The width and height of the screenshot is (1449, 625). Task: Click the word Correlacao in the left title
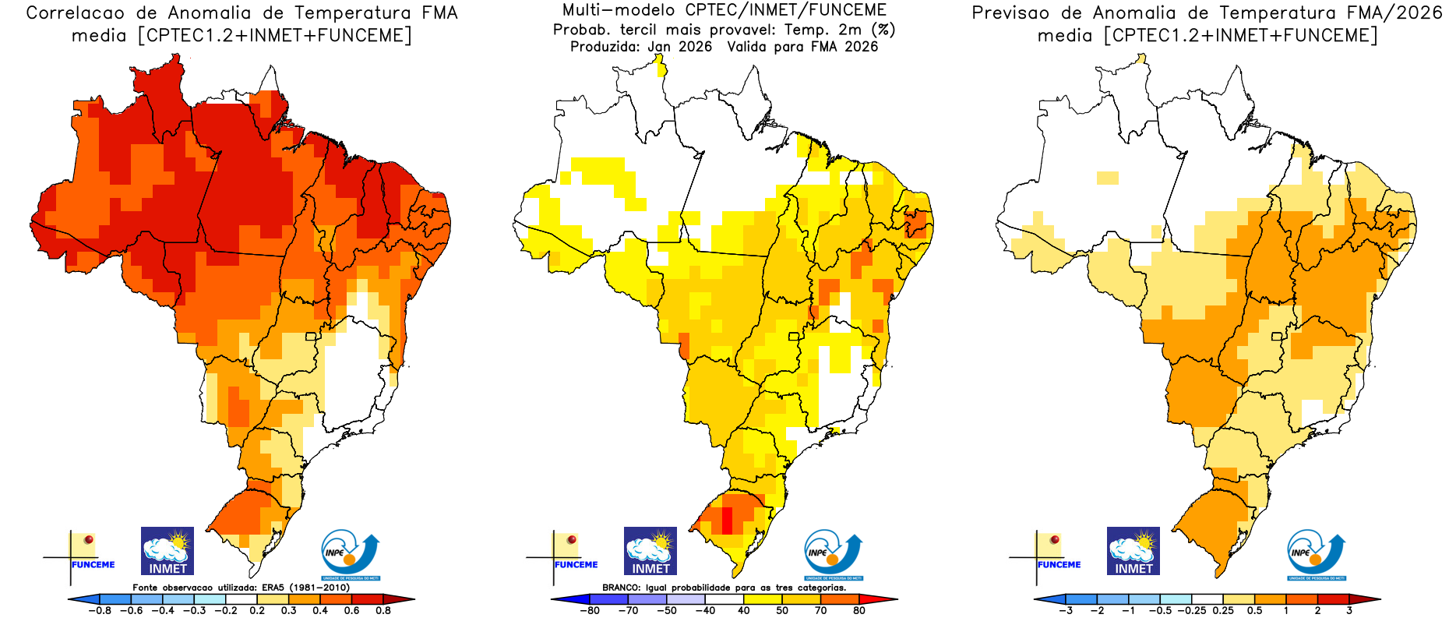[x=75, y=13]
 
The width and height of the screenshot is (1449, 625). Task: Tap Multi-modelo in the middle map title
[x=607, y=11]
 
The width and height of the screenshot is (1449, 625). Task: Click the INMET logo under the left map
[x=167, y=551]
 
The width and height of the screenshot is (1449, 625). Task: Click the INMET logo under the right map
[x=1133, y=551]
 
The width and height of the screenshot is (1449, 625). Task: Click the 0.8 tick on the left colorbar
[x=383, y=611]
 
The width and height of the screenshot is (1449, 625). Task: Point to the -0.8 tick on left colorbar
[x=100, y=611]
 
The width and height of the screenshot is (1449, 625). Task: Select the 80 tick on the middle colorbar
[x=859, y=611]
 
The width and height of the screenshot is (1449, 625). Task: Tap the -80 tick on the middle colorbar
[x=590, y=611]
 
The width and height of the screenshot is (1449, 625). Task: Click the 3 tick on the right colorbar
[x=1349, y=611]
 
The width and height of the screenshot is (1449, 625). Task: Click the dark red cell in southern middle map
[x=727, y=518]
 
